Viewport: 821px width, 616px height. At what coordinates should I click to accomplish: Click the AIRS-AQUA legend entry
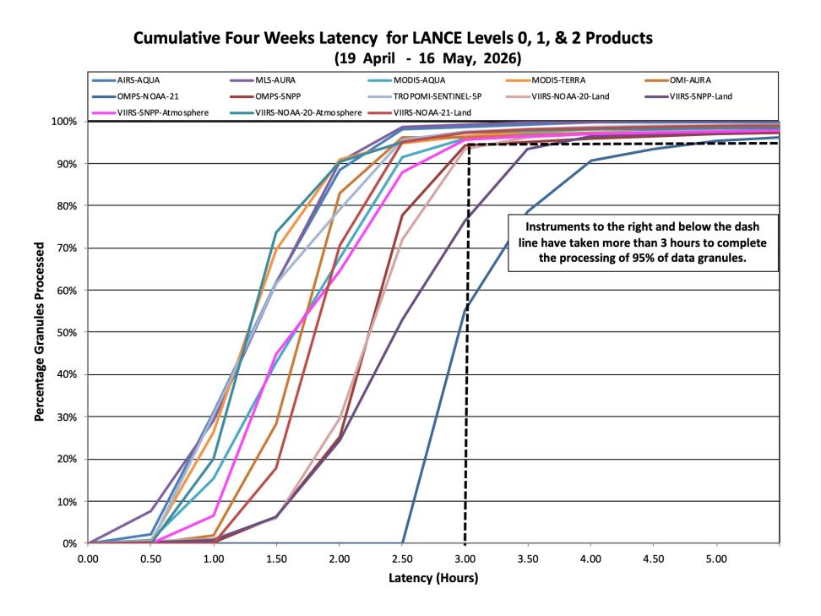tap(126, 80)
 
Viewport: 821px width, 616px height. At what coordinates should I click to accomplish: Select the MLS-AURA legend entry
tap(263, 80)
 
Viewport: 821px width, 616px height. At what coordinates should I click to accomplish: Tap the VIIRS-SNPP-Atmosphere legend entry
tap(150, 112)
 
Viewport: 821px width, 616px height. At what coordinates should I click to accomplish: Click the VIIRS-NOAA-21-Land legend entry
tap(420, 112)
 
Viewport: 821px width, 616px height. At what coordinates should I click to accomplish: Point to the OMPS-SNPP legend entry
tap(265, 96)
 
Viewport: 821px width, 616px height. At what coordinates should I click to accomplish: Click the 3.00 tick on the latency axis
tap(465, 559)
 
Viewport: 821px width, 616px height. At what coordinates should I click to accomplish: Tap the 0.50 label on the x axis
tap(151, 559)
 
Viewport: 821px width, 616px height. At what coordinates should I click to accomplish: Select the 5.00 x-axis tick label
tap(716, 559)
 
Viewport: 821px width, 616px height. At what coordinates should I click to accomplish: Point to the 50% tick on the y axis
tap(67, 333)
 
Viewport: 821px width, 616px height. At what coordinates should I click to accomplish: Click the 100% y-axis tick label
tap(64, 122)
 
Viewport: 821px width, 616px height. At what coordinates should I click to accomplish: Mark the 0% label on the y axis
tap(69, 543)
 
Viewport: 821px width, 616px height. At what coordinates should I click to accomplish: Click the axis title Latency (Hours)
tap(433, 578)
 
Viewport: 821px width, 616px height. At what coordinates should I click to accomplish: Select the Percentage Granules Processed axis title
tap(39, 331)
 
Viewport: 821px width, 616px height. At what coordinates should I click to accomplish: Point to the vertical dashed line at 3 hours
tap(465, 344)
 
